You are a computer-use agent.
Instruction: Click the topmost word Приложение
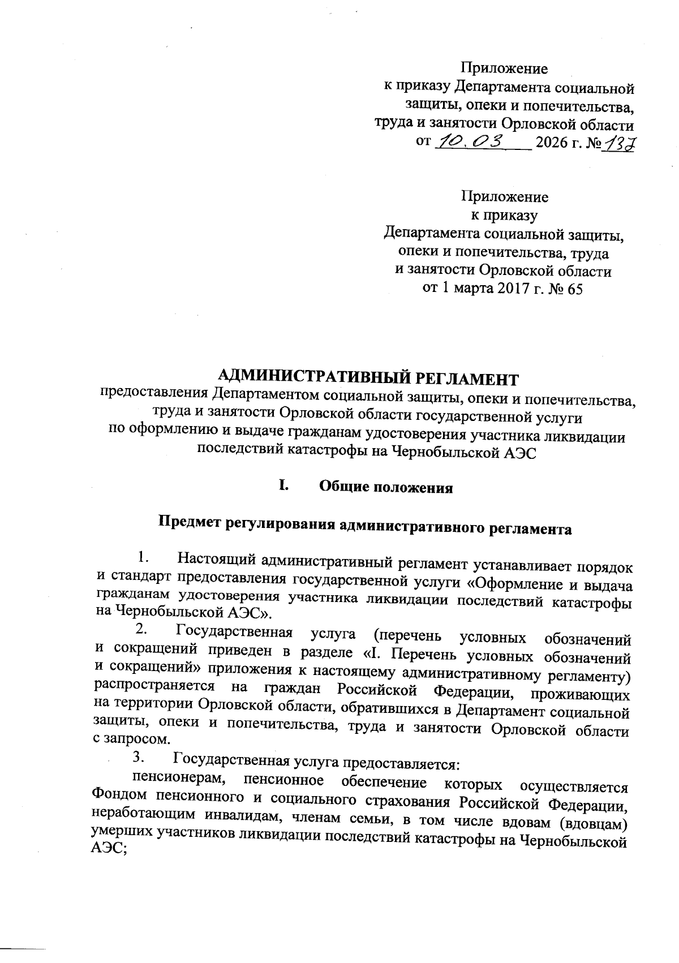(504, 69)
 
